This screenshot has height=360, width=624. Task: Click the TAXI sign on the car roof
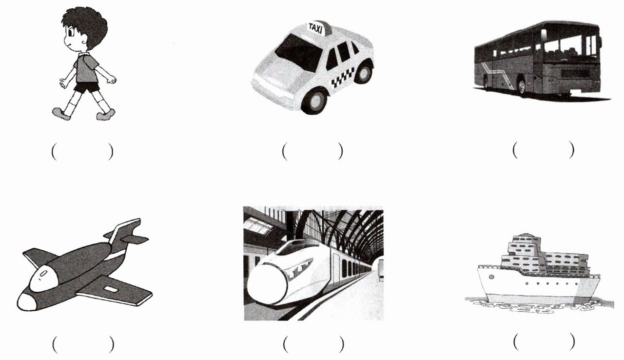pyautogui.click(x=317, y=28)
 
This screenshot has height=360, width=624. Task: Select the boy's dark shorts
pyautogui.click(x=86, y=87)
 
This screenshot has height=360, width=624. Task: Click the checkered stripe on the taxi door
pyautogui.click(x=343, y=77)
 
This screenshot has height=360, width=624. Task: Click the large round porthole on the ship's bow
pyautogui.click(x=491, y=277)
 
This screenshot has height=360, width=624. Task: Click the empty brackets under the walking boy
pyautogui.click(x=82, y=152)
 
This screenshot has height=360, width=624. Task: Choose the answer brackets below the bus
pyautogui.click(x=543, y=150)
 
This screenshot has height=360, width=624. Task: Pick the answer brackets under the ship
pyautogui.click(x=544, y=342)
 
